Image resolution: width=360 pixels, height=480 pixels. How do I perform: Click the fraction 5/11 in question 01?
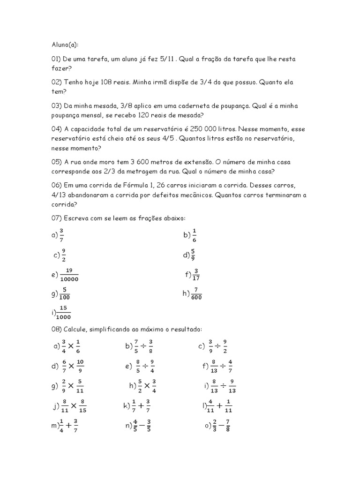pos(168,59)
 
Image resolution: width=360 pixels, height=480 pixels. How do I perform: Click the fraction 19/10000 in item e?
pos(69,275)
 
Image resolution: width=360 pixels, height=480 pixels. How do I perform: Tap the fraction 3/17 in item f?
pos(196,274)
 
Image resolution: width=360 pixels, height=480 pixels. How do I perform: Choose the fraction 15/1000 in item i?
pos(63,313)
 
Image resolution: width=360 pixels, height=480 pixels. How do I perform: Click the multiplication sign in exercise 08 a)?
pos(71,346)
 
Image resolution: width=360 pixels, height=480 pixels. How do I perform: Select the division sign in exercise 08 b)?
pos(144,346)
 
